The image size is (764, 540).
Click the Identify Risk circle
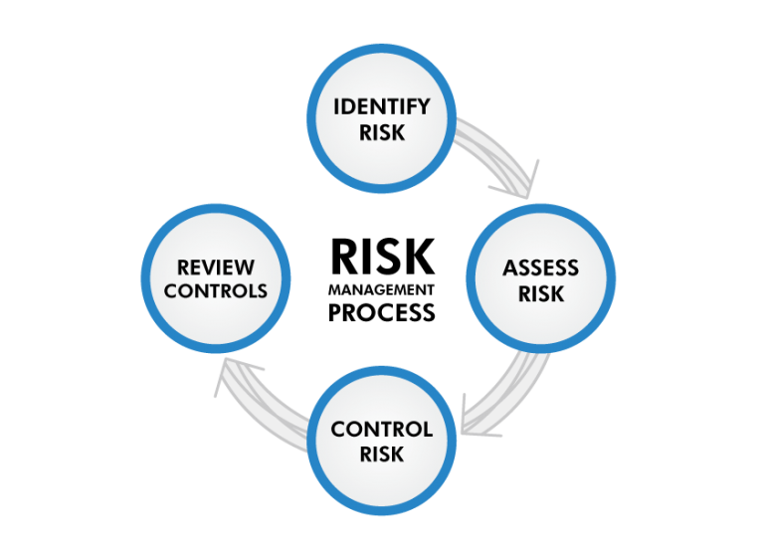coord(382,119)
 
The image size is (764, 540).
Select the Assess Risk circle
coord(540,279)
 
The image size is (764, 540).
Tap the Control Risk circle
coord(382,441)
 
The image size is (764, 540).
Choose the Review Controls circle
coord(216,279)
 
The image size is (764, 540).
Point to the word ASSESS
coord(540,269)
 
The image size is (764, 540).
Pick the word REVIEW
coord(216,268)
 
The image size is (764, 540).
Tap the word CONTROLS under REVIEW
coord(216,291)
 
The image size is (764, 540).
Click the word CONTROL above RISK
coord(382,430)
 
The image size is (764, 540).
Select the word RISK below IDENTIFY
coord(382,131)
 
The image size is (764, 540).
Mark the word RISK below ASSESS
coord(540,293)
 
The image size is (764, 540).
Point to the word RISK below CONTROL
coord(382,453)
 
